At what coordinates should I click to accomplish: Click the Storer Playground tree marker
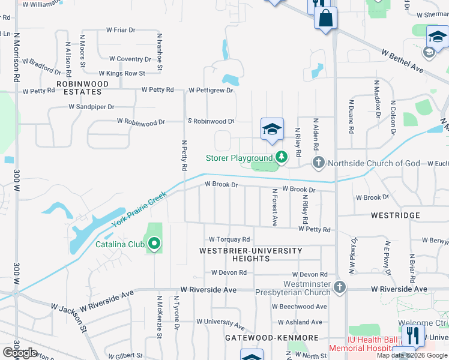(x=281, y=158)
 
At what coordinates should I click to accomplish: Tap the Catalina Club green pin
(x=154, y=244)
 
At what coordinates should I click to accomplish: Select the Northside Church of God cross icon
(x=319, y=163)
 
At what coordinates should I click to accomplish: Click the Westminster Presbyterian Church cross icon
(x=340, y=287)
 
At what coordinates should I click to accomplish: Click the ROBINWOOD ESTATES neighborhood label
(x=82, y=88)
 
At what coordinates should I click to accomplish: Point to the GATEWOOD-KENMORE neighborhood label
(x=263, y=338)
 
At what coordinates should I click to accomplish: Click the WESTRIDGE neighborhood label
(x=395, y=215)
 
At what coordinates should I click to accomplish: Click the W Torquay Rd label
(x=229, y=239)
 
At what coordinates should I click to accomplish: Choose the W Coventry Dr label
(x=130, y=59)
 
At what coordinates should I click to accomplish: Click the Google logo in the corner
(x=20, y=353)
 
